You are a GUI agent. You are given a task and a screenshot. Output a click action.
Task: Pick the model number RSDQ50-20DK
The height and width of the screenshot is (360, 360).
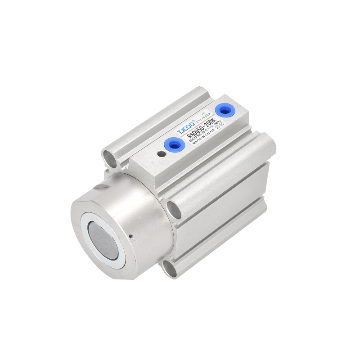(x=202, y=127)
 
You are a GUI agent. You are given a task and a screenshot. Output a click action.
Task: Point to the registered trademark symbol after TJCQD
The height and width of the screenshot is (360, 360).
(x=193, y=121)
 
